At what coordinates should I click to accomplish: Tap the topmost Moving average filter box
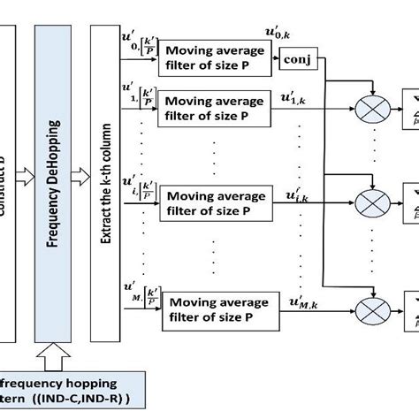(x=210, y=57)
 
